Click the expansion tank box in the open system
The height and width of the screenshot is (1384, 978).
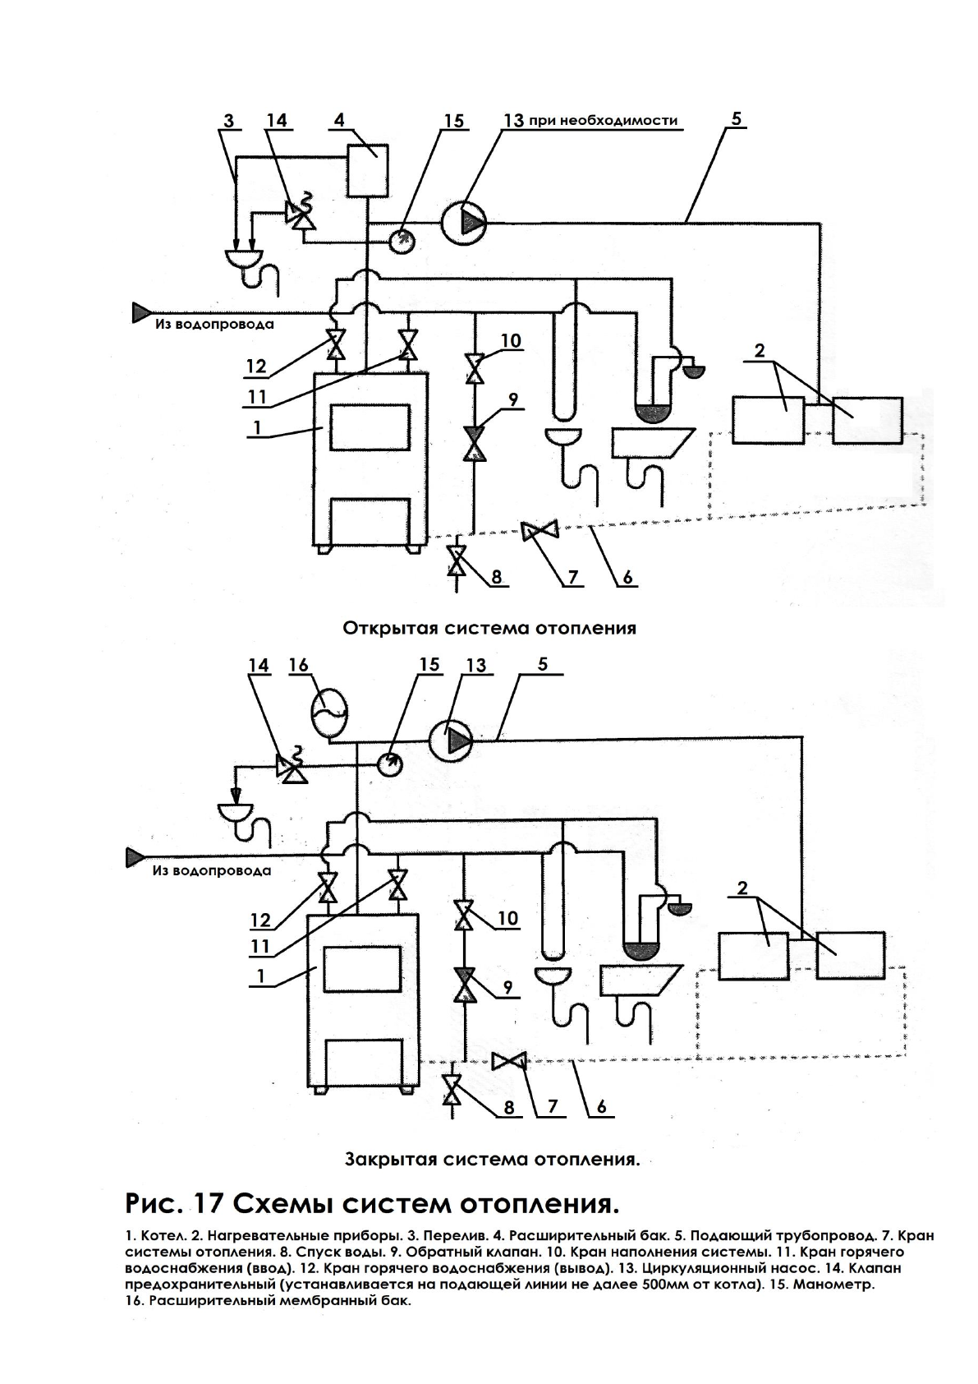point(367,170)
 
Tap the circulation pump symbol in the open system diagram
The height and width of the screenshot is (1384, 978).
point(464,222)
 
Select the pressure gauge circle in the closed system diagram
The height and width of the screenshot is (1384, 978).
point(390,763)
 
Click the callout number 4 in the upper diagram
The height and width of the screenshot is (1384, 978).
point(339,120)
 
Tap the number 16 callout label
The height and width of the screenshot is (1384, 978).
point(298,664)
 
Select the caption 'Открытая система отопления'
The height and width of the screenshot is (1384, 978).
point(489,629)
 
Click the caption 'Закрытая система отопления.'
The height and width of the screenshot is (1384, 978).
point(492,1160)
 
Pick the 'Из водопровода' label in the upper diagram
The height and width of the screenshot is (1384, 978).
point(214,324)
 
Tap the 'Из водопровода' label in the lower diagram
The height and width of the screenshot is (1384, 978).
point(211,870)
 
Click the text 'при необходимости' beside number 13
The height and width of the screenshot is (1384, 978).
point(603,121)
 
